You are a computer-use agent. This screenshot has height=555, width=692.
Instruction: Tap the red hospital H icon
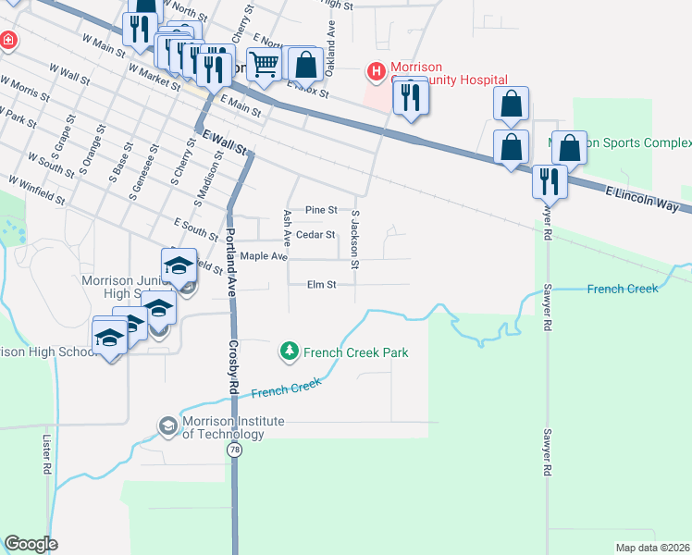click(377, 70)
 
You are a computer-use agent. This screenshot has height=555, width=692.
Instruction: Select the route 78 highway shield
click(235, 450)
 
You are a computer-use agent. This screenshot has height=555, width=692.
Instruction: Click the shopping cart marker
click(265, 66)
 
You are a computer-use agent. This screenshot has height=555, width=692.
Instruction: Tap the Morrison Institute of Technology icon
click(167, 425)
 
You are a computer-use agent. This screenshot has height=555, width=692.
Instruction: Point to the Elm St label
click(321, 285)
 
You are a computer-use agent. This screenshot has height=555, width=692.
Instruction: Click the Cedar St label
click(316, 235)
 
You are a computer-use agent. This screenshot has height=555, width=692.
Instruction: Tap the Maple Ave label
click(264, 255)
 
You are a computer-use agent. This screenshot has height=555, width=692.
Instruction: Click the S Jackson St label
click(355, 234)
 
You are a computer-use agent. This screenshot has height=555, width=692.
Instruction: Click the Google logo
click(31, 544)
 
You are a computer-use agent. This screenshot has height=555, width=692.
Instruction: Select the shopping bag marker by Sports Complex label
click(570, 147)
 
